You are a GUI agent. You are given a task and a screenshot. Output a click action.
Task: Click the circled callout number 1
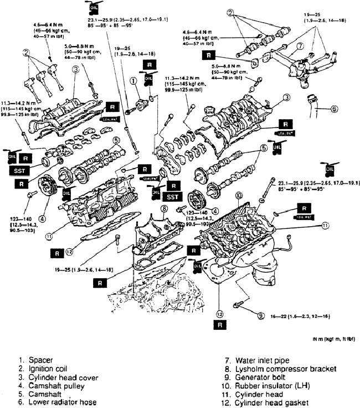coord(133,80)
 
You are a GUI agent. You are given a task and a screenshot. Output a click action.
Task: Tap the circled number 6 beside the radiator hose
coord(335,109)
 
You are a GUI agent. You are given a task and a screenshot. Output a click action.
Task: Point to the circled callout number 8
coord(164,208)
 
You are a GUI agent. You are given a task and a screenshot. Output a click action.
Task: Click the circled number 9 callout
coord(261,316)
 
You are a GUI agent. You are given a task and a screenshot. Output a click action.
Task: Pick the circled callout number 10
coord(238,196)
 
